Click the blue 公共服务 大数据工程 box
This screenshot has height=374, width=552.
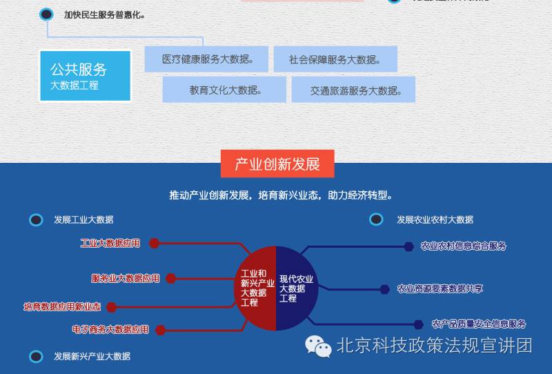85,76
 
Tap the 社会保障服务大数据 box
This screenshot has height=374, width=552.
335,59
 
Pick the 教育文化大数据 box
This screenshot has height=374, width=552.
225,90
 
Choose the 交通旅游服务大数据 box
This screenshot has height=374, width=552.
353,90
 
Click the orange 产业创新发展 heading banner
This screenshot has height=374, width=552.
277,164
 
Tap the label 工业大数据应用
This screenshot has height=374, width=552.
110,243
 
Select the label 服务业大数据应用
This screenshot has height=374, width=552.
126,278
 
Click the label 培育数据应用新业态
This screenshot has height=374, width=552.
62,306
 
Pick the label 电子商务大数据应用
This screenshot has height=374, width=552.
110,329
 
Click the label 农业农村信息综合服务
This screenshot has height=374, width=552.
464,246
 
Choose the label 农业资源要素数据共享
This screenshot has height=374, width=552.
440,288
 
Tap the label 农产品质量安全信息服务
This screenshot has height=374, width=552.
479,324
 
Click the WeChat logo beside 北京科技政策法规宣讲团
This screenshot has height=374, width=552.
319,346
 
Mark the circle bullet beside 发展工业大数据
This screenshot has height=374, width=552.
36,219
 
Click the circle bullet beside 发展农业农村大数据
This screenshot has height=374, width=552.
376,219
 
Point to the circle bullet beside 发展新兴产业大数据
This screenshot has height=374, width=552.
36,356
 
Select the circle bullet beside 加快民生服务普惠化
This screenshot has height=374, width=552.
47,14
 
